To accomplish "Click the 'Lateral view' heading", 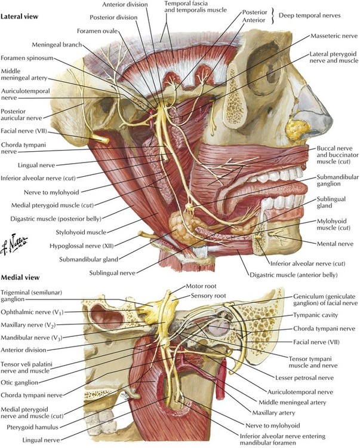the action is pyautogui.click(x=20, y=17).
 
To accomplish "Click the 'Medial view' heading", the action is pyautogui.click(x=20, y=277).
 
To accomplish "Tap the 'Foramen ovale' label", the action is pyautogui.click(x=97, y=31).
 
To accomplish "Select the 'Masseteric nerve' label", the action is pyautogui.click(x=334, y=36).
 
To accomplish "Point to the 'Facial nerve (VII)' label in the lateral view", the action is pyautogui.click(x=24, y=131).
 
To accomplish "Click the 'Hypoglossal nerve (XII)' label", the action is pyautogui.click(x=82, y=246).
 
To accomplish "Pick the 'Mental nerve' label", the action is pyautogui.click(x=335, y=244).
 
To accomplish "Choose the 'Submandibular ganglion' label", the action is pyautogui.click(x=337, y=180).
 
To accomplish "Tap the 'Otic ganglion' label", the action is pyautogui.click(x=20, y=382).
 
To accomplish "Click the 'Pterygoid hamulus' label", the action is pyautogui.click(x=33, y=428).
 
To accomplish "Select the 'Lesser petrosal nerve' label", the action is pyautogui.click(x=304, y=378).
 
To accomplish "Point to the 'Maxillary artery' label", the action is pyautogui.click(x=273, y=413).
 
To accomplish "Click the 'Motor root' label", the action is pyautogui.click(x=201, y=286).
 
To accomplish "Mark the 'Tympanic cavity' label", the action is pyautogui.click(x=315, y=315).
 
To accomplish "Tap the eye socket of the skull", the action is pyautogui.click(x=265, y=70).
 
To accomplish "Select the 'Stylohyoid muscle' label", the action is pyautogui.click(x=81, y=232).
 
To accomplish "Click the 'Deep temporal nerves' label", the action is pyautogui.click(x=309, y=15).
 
